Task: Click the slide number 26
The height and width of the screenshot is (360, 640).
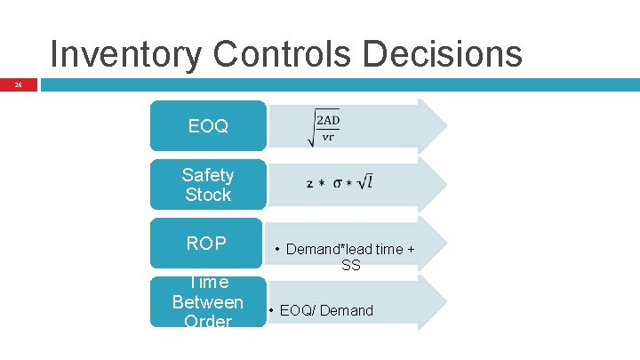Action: click(x=17, y=86)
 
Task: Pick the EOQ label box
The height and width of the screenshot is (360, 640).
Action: click(x=208, y=126)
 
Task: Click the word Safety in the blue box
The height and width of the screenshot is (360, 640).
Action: click(x=208, y=175)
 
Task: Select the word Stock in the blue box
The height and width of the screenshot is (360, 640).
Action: click(x=208, y=195)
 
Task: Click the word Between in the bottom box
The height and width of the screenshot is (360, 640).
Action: click(x=208, y=302)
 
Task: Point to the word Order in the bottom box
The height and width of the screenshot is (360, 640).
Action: click(x=208, y=321)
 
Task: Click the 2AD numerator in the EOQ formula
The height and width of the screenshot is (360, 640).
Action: click(x=328, y=120)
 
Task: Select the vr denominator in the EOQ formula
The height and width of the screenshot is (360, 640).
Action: click(x=328, y=137)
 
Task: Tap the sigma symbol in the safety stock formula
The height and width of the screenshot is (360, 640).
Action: click(x=338, y=183)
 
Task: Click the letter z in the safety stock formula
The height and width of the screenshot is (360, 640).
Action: click(x=309, y=184)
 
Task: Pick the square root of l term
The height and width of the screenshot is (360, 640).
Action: click(x=364, y=181)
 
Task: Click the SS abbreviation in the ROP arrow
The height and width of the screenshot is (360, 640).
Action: click(x=351, y=265)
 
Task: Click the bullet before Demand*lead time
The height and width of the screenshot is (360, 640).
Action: click(x=278, y=250)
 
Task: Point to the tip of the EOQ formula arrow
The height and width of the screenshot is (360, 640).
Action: click(x=444, y=125)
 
